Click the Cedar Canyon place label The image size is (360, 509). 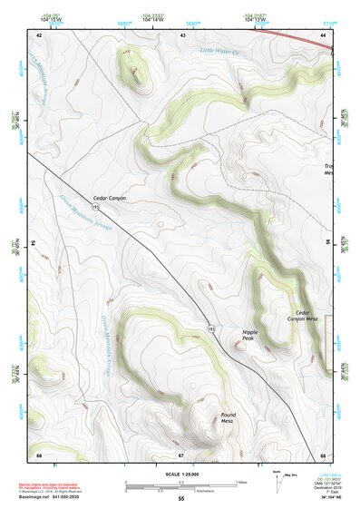110,198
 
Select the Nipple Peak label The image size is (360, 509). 250,336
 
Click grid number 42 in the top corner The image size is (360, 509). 39,34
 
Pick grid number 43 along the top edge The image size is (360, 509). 183,34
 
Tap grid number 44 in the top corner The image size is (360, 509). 323,34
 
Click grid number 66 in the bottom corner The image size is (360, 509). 39,454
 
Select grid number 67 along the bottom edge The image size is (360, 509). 181,454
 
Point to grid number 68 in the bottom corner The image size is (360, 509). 323,454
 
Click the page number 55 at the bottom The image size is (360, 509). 180,498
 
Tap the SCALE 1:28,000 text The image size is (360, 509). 180,474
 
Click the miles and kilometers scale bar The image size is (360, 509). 180,485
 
